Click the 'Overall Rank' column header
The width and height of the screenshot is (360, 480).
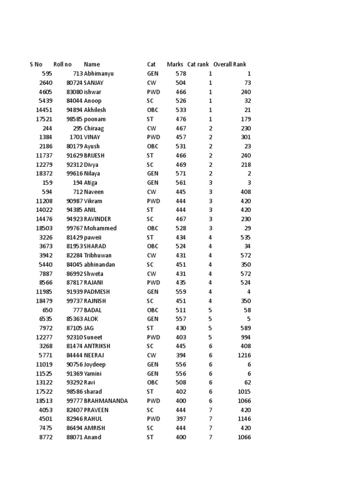click(x=229, y=64)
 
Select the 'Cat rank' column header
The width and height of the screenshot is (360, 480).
click(x=198, y=64)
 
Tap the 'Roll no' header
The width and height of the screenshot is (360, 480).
click(x=62, y=64)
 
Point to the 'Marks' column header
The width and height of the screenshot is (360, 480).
click(x=175, y=64)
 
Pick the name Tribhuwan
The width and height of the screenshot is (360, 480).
click(x=99, y=255)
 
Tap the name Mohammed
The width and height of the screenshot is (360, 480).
click(x=100, y=228)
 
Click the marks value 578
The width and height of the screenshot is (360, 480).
click(x=180, y=74)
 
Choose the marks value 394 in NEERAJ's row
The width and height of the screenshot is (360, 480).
click(x=180, y=355)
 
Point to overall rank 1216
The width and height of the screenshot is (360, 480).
click(x=244, y=355)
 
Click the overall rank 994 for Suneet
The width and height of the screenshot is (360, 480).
click(x=246, y=337)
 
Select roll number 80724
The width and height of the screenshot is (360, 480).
click(x=75, y=83)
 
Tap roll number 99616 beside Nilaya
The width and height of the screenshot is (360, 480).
click(x=75, y=173)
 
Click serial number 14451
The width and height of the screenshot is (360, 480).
click(x=44, y=110)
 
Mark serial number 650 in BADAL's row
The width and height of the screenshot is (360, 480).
click(x=47, y=310)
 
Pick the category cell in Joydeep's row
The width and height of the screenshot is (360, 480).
click(x=153, y=364)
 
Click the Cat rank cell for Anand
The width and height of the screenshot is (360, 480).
click(x=210, y=437)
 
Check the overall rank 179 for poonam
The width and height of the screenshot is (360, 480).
click(x=246, y=119)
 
